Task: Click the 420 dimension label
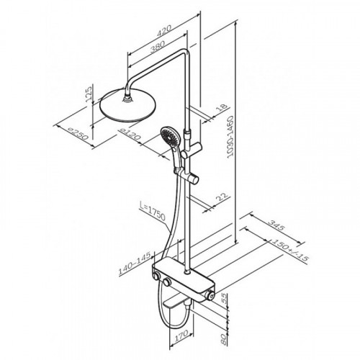point(164,31)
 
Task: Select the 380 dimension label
point(157,47)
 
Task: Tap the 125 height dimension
point(89,94)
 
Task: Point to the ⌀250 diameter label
point(78,134)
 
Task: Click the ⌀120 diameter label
point(130,134)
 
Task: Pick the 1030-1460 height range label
point(230,137)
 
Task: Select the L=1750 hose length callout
point(153,212)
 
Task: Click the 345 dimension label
point(276,225)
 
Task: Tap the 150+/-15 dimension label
point(289,250)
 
